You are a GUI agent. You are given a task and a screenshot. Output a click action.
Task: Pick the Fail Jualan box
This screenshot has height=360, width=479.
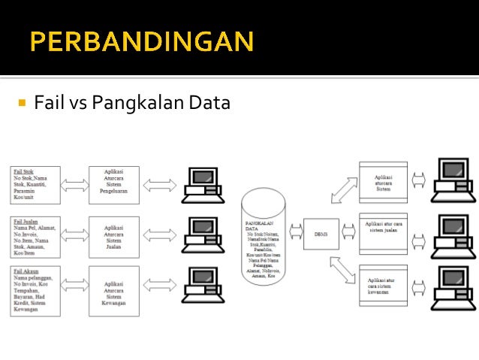pos(35,236)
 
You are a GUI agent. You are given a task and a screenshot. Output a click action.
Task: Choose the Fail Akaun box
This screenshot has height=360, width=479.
pos(35,289)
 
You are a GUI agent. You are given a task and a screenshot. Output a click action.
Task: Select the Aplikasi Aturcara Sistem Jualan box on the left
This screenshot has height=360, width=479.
pos(114,236)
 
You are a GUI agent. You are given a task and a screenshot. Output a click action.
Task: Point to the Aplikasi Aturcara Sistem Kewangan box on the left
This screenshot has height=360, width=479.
pos(114,289)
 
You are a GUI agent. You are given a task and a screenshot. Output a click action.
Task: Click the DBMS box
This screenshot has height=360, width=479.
pos(315,234)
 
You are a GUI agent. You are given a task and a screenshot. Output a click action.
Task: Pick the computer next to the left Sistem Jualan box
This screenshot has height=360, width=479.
pos(200,234)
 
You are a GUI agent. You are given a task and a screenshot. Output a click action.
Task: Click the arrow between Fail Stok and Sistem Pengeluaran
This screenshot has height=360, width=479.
pos(74,185)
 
